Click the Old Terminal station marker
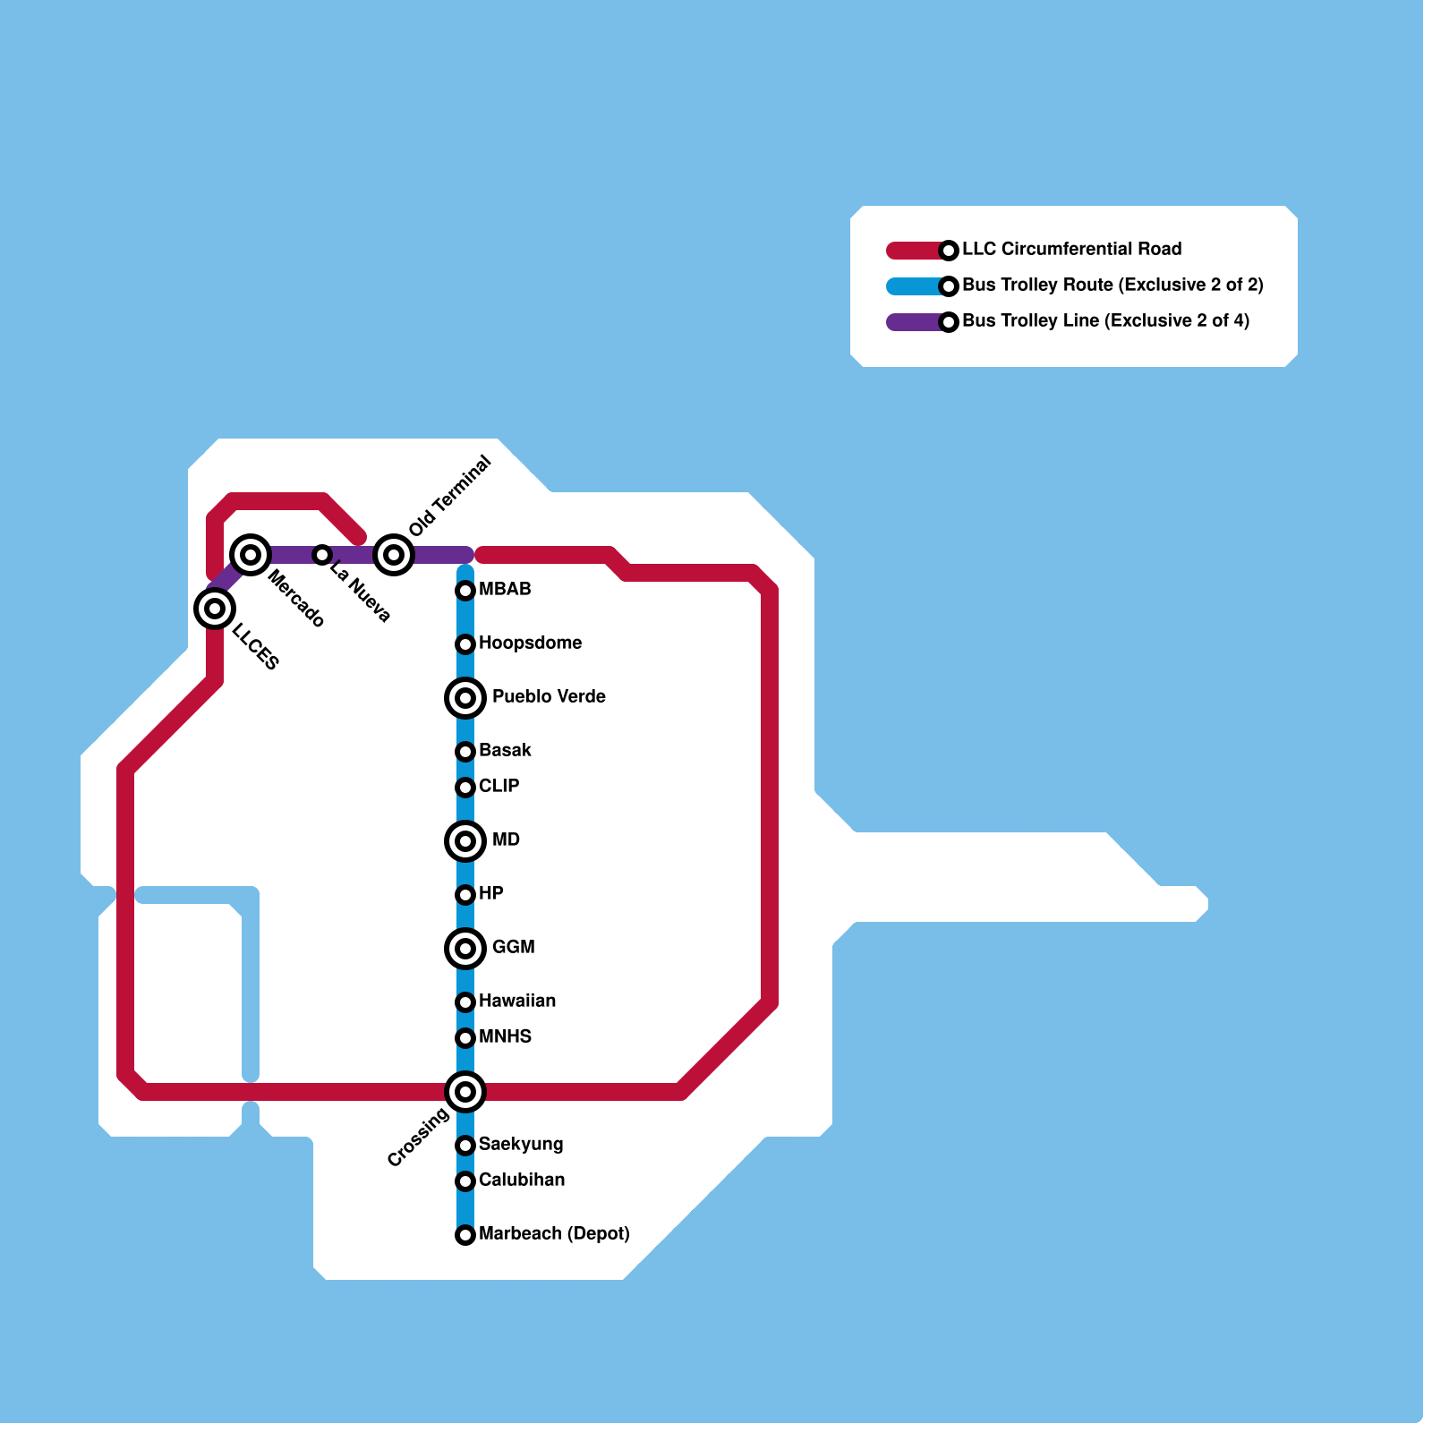[394, 555]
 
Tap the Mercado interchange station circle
[251, 555]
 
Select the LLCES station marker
[215, 609]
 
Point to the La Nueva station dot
[322, 555]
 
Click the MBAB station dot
[465, 591]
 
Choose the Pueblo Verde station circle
[465, 698]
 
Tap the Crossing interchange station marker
[465, 1092]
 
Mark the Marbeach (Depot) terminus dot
[465, 1235]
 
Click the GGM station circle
[465, 949]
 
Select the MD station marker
[465, 841]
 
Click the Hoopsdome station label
[530, 643]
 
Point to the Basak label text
[505, 750]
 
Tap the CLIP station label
[499, 786]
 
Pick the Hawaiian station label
[517, 1001]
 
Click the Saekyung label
[521, 1144]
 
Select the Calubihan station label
[522, 1180]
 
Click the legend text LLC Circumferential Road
[1071, 249]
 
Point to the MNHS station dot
[465, 1038]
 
